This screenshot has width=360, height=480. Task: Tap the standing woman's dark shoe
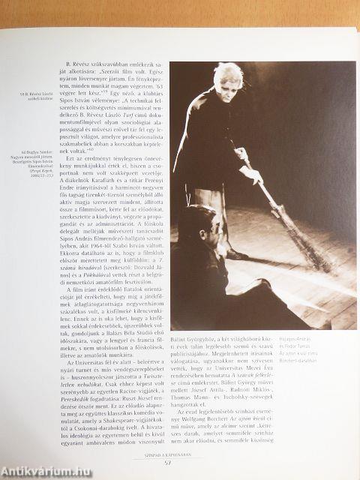(x=234, y=253)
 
